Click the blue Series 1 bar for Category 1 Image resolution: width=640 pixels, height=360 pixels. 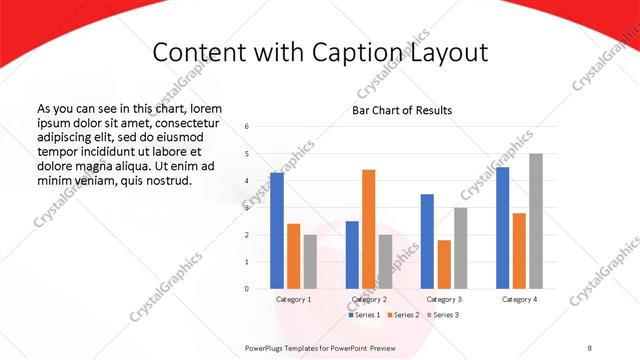pos(277,231)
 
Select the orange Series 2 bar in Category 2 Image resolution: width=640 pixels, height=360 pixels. pos(368,229)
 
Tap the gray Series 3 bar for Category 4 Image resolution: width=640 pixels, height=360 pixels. pos(536,221)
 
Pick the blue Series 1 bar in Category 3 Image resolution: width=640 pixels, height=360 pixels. pos(427,241)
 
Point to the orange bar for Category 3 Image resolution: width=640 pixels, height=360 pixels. pos(444,264)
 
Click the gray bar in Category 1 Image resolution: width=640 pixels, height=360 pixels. pos(310,262)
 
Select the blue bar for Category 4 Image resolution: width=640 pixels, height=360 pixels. pos(502,228)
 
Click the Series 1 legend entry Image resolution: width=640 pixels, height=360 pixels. pos(365,315)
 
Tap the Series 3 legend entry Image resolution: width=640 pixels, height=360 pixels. pos(443,315)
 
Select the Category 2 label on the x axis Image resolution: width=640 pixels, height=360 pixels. pos(368,299)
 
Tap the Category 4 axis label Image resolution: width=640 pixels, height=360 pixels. pos(519,299)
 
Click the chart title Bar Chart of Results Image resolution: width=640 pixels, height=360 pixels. pos(402,110)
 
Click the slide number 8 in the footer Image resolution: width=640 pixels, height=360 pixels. pos(590,347)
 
